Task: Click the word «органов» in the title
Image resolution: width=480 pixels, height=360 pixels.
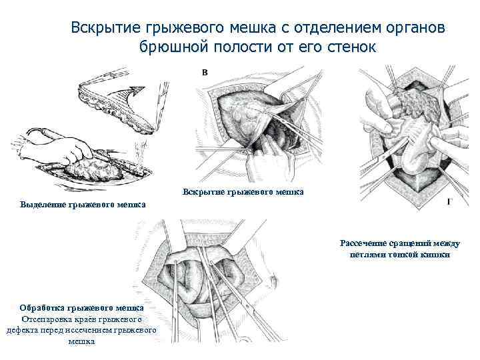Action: click(x=409, y=28)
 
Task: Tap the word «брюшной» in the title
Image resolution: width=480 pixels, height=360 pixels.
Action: click(x=172, y=48)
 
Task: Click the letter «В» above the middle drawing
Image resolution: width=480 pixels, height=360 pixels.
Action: click(x=204, y=72)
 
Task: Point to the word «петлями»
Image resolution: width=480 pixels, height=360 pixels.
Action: click(x=368, y=254)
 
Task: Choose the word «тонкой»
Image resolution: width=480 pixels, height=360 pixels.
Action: click(x=404, y=254)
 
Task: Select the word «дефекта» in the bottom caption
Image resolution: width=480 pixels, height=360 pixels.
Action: click(x=22, y=330)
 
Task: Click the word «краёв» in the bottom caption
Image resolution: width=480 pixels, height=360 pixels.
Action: click(x=91, y=319)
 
